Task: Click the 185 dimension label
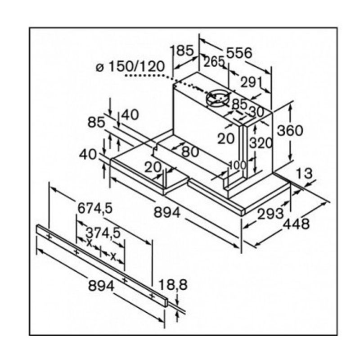184,50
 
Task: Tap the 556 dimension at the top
239,53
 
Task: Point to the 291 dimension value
251,82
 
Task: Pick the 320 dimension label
261,143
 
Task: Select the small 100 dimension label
238,165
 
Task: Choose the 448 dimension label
295,224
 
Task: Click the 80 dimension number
190,152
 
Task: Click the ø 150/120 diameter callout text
130,67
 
